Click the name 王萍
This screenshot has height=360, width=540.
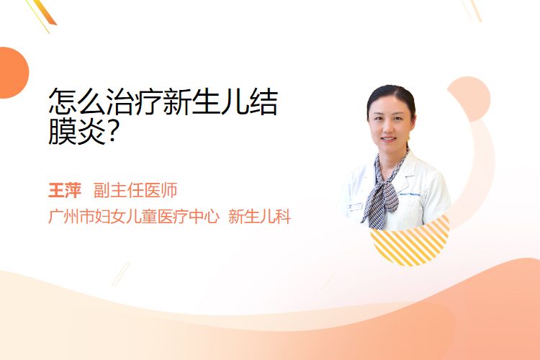[65, 190]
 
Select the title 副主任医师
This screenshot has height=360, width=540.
[135, 190]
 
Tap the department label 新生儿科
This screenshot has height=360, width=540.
[259, 217]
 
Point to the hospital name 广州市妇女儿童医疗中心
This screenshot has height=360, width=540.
[134, 217]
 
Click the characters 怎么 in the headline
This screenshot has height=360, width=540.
[77, 102]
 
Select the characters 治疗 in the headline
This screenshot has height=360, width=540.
[134, 102]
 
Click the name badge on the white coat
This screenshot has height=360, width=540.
[356, 207]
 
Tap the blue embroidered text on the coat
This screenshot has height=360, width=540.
[410, 195]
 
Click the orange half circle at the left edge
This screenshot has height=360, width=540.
[13, 73]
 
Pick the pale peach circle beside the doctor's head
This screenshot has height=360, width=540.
[470, 98]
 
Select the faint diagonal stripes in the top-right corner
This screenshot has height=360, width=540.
[472, 9]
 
